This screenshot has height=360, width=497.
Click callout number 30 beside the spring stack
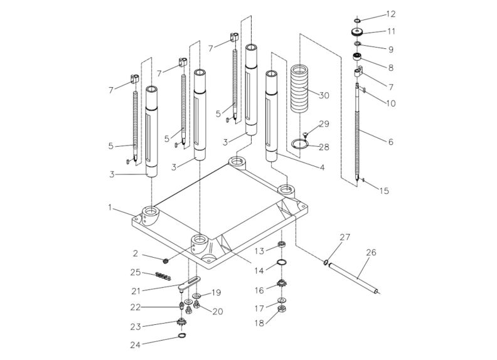click(324, 95)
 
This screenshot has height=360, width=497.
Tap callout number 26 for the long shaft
click(370, 254)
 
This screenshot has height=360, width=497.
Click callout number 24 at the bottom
click(152, 344)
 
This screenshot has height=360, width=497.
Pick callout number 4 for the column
click(321, 167)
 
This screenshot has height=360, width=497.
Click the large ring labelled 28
click(301, 144)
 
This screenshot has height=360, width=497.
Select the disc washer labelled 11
click(357, 33)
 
